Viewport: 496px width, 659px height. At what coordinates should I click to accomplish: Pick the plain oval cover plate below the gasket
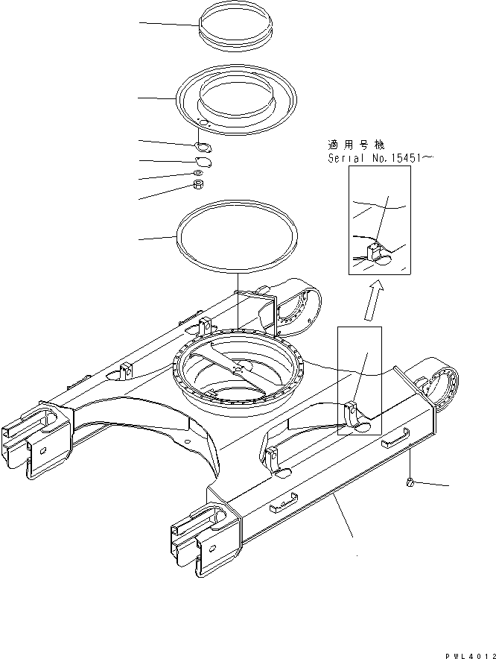click(x=203, y=162)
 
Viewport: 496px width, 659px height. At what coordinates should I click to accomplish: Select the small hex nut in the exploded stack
click(x=199, y=184)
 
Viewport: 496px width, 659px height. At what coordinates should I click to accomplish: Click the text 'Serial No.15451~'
click(x=380, y=158)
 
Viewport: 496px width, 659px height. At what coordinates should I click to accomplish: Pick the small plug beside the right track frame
click(x=411, y=485)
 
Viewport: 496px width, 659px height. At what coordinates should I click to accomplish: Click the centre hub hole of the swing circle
click(x=238, y=367)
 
